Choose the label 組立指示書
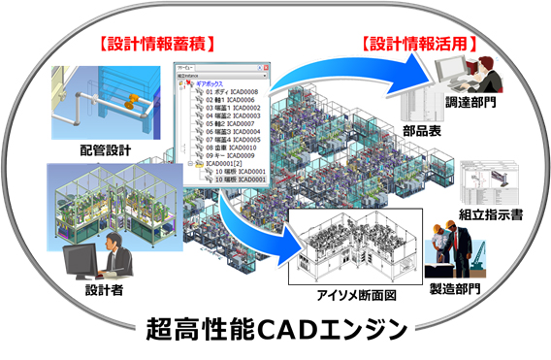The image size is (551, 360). click(x=491, y=213)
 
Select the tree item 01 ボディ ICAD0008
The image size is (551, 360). click(x=229, y=91)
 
